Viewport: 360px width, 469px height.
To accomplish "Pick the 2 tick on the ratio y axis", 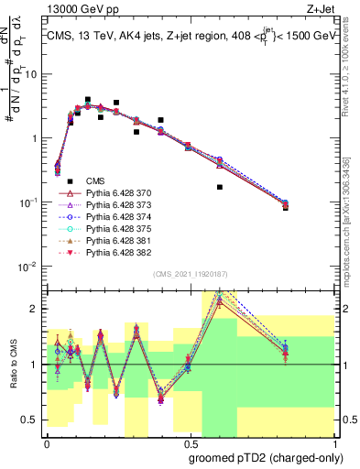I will (x=38, y=310).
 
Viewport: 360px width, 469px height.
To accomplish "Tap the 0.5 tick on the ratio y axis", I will (x=33, y=419).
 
